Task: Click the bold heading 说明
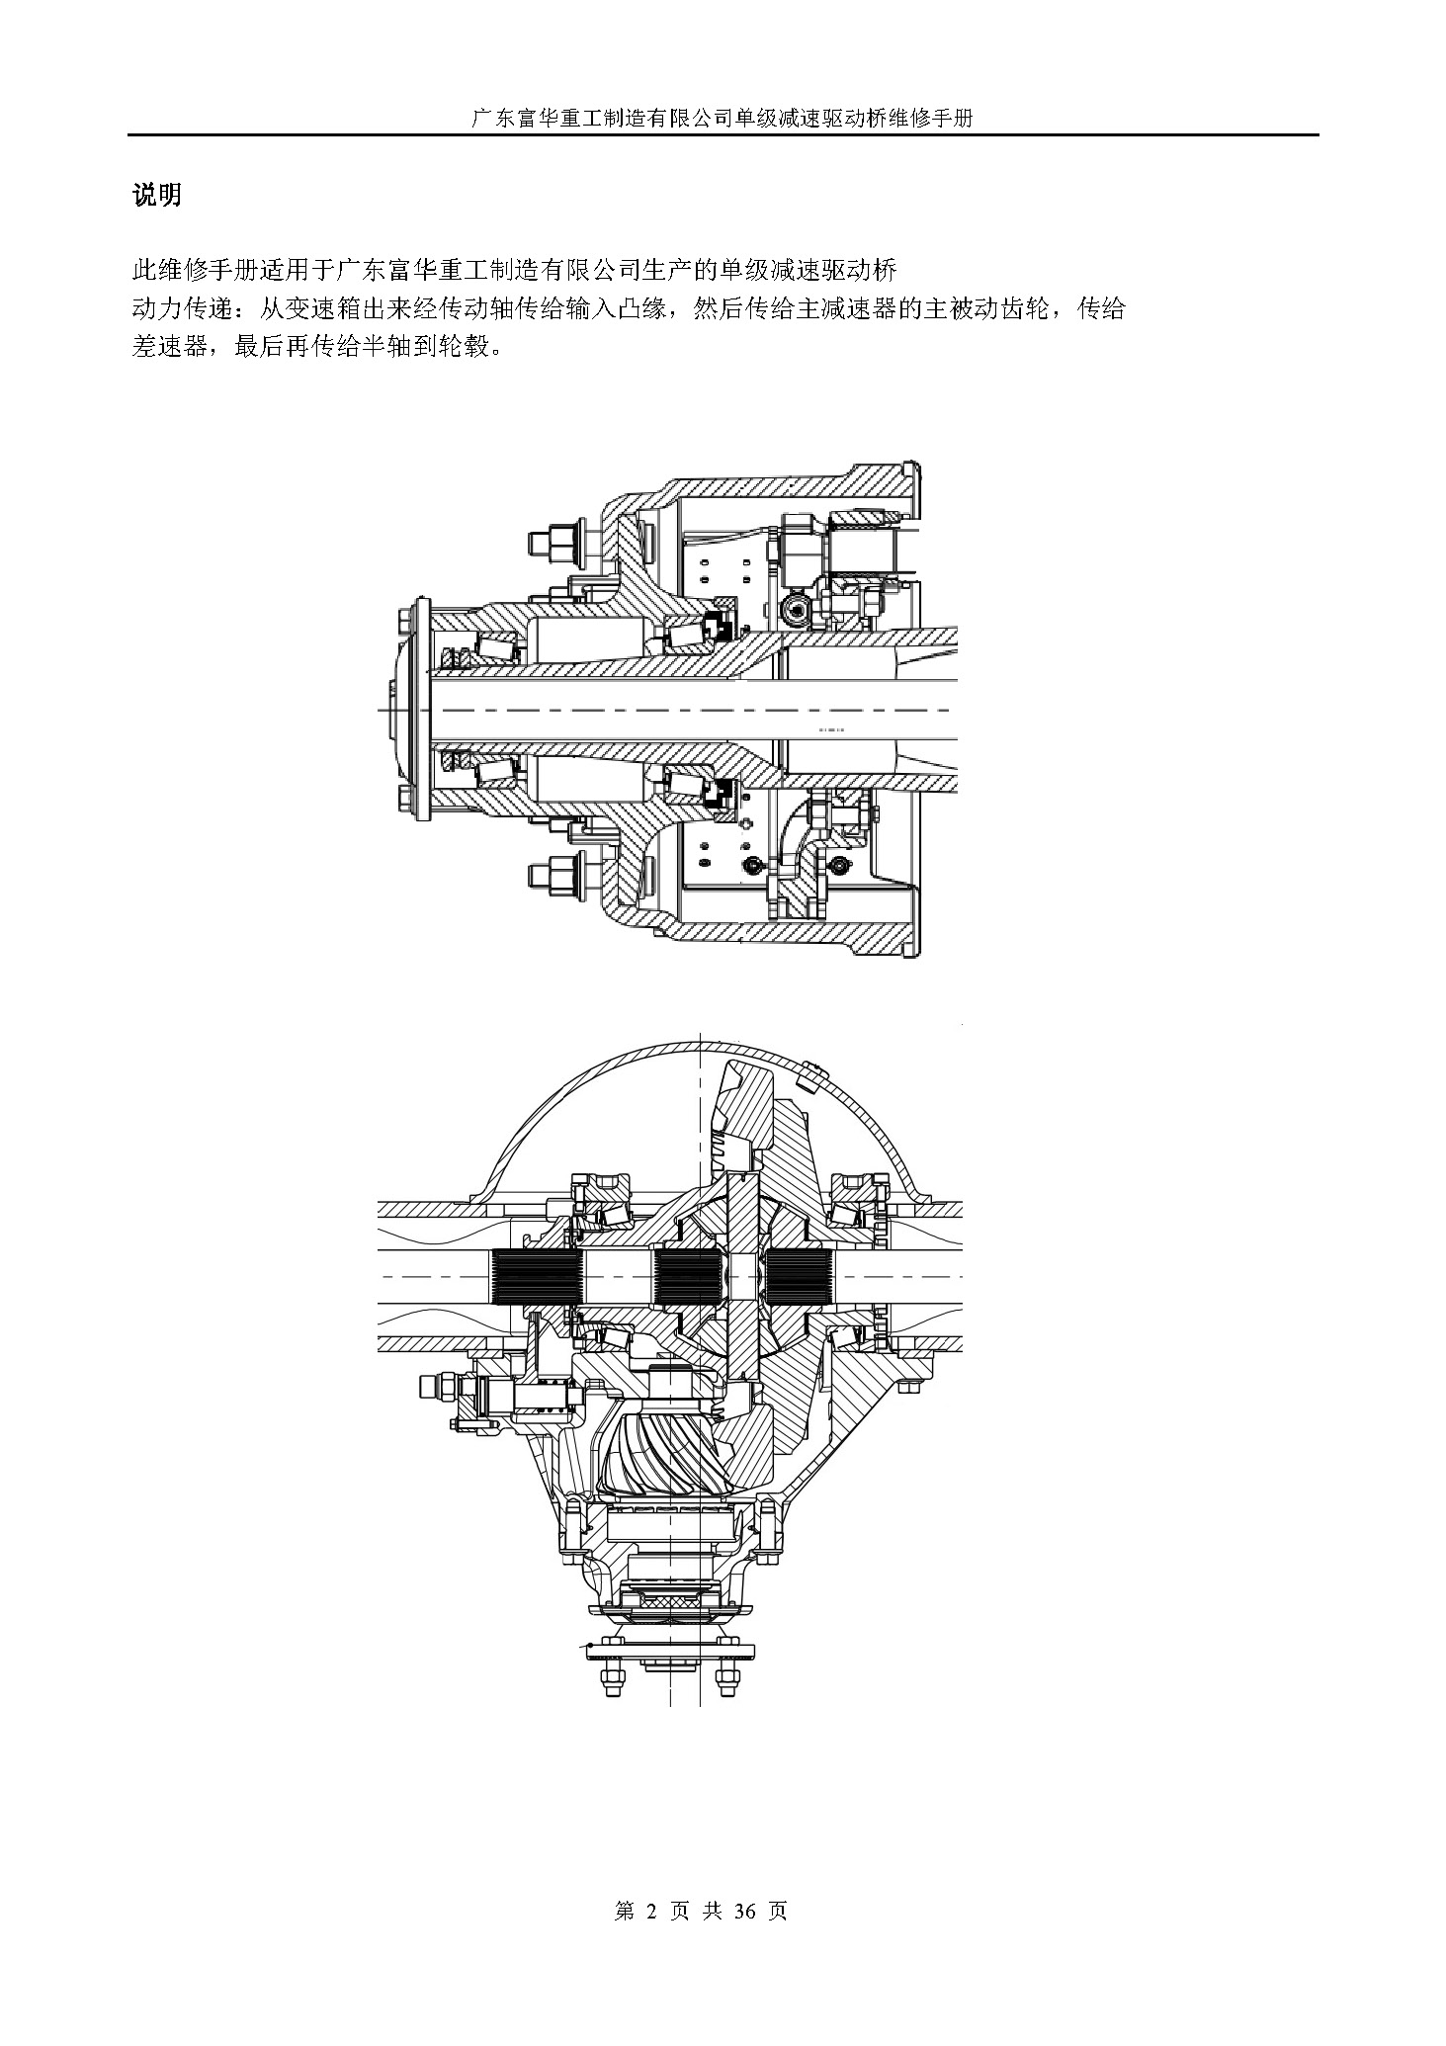(x=157, y=195)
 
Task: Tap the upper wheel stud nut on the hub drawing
(x=545, y=543)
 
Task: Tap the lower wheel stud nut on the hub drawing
(x=545, y=875)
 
